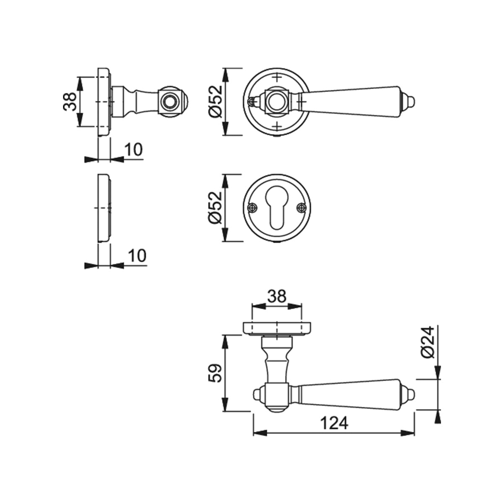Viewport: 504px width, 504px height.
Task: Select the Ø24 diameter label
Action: pos(428,342)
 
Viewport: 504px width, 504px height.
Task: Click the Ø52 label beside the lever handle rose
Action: pos(215,102)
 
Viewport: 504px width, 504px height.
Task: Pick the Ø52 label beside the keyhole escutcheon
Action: pos(215,208)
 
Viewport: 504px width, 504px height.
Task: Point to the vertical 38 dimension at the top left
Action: pos(70,102)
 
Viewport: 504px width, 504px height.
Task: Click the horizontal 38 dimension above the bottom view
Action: pos(277,297)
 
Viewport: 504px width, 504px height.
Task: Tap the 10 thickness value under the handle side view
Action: pos(134,150)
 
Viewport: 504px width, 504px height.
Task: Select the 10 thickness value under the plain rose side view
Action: pos(137,255)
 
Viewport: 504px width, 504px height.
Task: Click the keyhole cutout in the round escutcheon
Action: pos(277,207)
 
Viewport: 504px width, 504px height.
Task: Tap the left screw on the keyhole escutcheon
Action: pos(252,208)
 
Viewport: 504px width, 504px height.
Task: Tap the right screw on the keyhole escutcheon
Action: pos(302,208)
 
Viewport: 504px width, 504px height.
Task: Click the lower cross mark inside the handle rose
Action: pos(277,127)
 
